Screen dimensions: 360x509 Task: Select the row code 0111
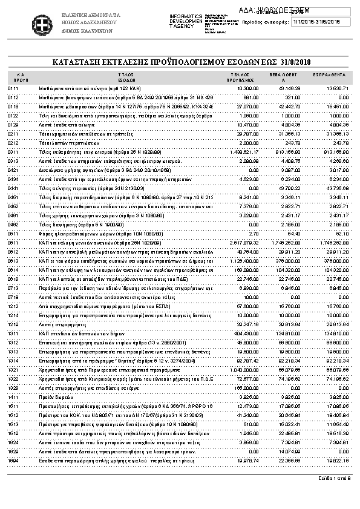click(13, 88)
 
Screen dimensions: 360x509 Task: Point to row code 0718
click(13, 297)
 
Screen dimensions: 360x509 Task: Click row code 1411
click(13, 396)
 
